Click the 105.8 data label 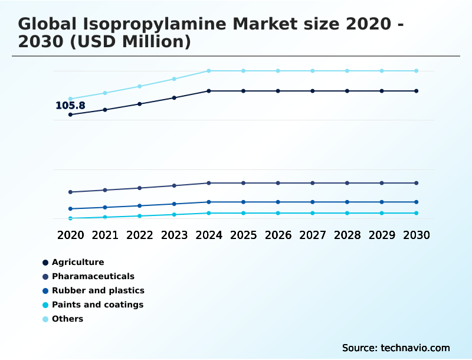(70, 106)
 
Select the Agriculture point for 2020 (71, 114)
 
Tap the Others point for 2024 (209, 71)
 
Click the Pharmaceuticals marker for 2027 (313, 183)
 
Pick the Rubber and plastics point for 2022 (140, 205)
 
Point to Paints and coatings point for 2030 (417, 213)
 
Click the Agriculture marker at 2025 (244, 91)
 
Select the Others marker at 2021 (105, 93)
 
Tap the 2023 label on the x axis (174, 235)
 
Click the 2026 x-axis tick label (278, 235)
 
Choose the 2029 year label (382, 235)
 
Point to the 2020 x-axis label (71, 235)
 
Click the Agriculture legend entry (77, 262)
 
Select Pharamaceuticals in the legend (93, 276)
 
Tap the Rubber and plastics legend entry (97, 290)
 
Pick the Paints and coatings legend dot (45, 305)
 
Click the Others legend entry (67, 319)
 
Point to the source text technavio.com (415, 348)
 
